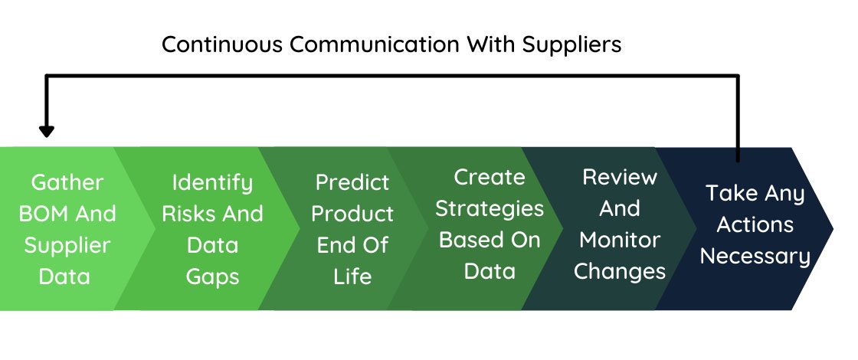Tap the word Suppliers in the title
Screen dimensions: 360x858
point(571,44)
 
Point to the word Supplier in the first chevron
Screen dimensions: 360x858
point(67,246)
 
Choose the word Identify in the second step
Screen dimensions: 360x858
point(212,183)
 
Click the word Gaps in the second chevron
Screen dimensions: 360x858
point(212,277)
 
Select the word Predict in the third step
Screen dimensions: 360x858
point(352,183)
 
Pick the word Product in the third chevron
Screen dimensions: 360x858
point(352,214)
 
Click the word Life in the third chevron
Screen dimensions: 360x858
point(352,277)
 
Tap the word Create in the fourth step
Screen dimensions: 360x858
point(490,177)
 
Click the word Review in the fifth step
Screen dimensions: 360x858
point(620,177)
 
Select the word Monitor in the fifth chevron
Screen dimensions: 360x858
point(620,240)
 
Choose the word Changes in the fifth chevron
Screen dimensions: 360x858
point(620,271)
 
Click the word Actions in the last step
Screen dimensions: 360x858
point(755,225)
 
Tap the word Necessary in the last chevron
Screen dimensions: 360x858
point(755,257)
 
